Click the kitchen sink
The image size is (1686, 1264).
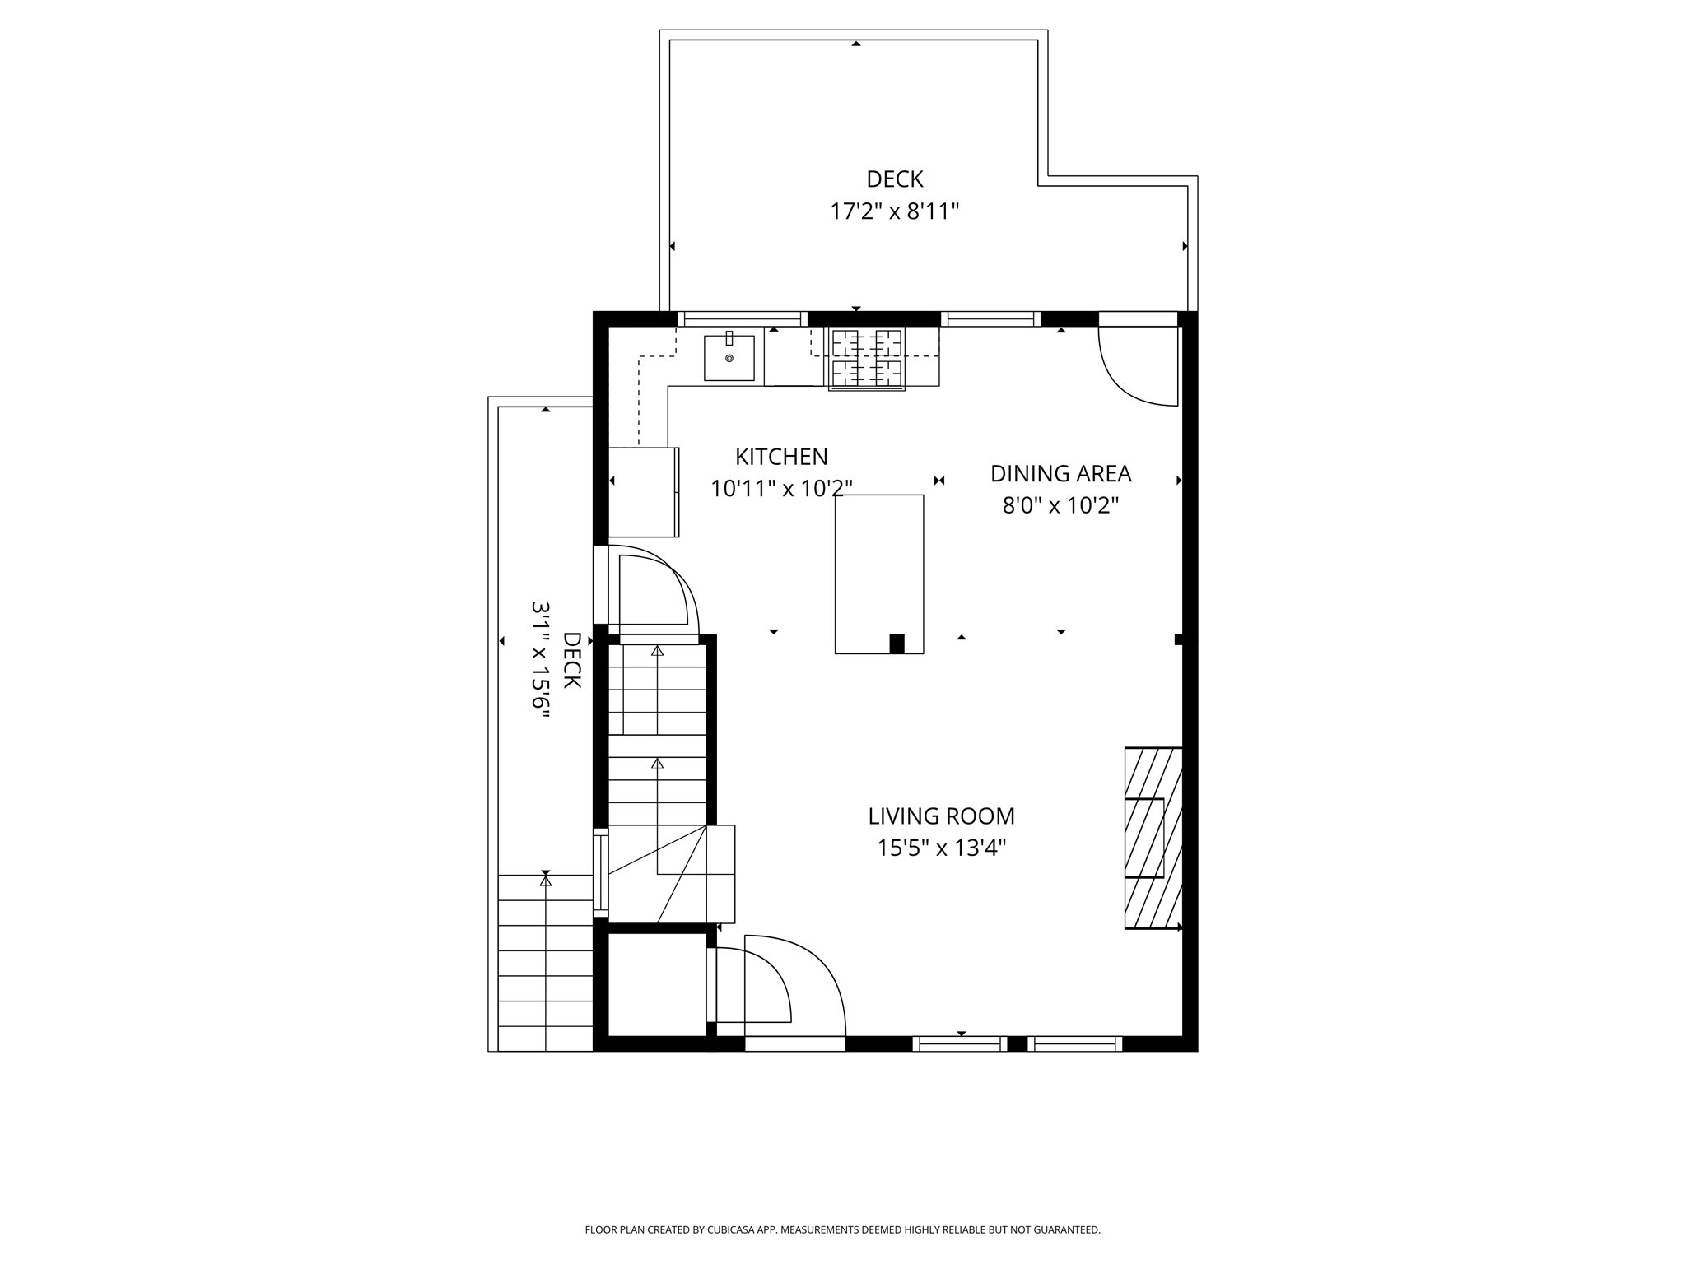click(729, 359)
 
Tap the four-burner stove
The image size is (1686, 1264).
click(866, 359)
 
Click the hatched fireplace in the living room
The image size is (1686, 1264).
click(1153, 838)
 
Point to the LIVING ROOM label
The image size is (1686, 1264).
click(941, 816)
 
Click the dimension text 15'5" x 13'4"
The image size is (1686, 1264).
click(941, 848)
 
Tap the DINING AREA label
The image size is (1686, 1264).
click(1060, 474)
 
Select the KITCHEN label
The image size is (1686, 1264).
click(780, 457)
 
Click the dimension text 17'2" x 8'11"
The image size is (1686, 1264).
click(894, 212)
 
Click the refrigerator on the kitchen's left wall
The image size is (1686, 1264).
click(643, 491)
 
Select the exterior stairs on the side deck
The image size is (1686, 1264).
click(545, 963)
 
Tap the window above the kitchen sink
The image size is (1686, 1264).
click(742, 319)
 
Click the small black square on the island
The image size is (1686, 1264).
click(897, 644)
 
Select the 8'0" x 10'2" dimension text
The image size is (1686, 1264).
click(1060, 505)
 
